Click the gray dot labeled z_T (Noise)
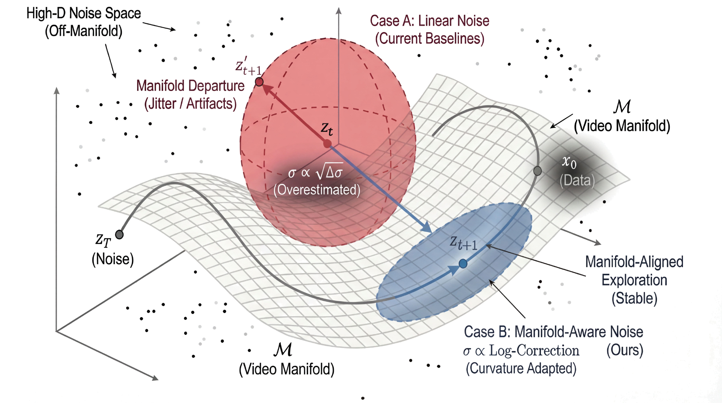pyautogui.click(x=119, y=234)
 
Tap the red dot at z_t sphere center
pyautogui.click(x=327, y=144)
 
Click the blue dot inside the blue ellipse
pyautogui.click(x=463, y=263)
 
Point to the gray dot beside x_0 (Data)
pyautogui.click(x=537, y=171)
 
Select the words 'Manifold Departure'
pyautogui.click(x=190, y=86)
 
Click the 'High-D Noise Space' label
pyautogui.click(x=84, y=13)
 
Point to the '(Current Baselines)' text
pyautogui.click(x=430, y=39)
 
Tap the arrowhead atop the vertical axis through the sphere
pyautogui.click(x=339, y=11)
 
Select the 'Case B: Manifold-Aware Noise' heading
pyautogui.click(x=553, y=332)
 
